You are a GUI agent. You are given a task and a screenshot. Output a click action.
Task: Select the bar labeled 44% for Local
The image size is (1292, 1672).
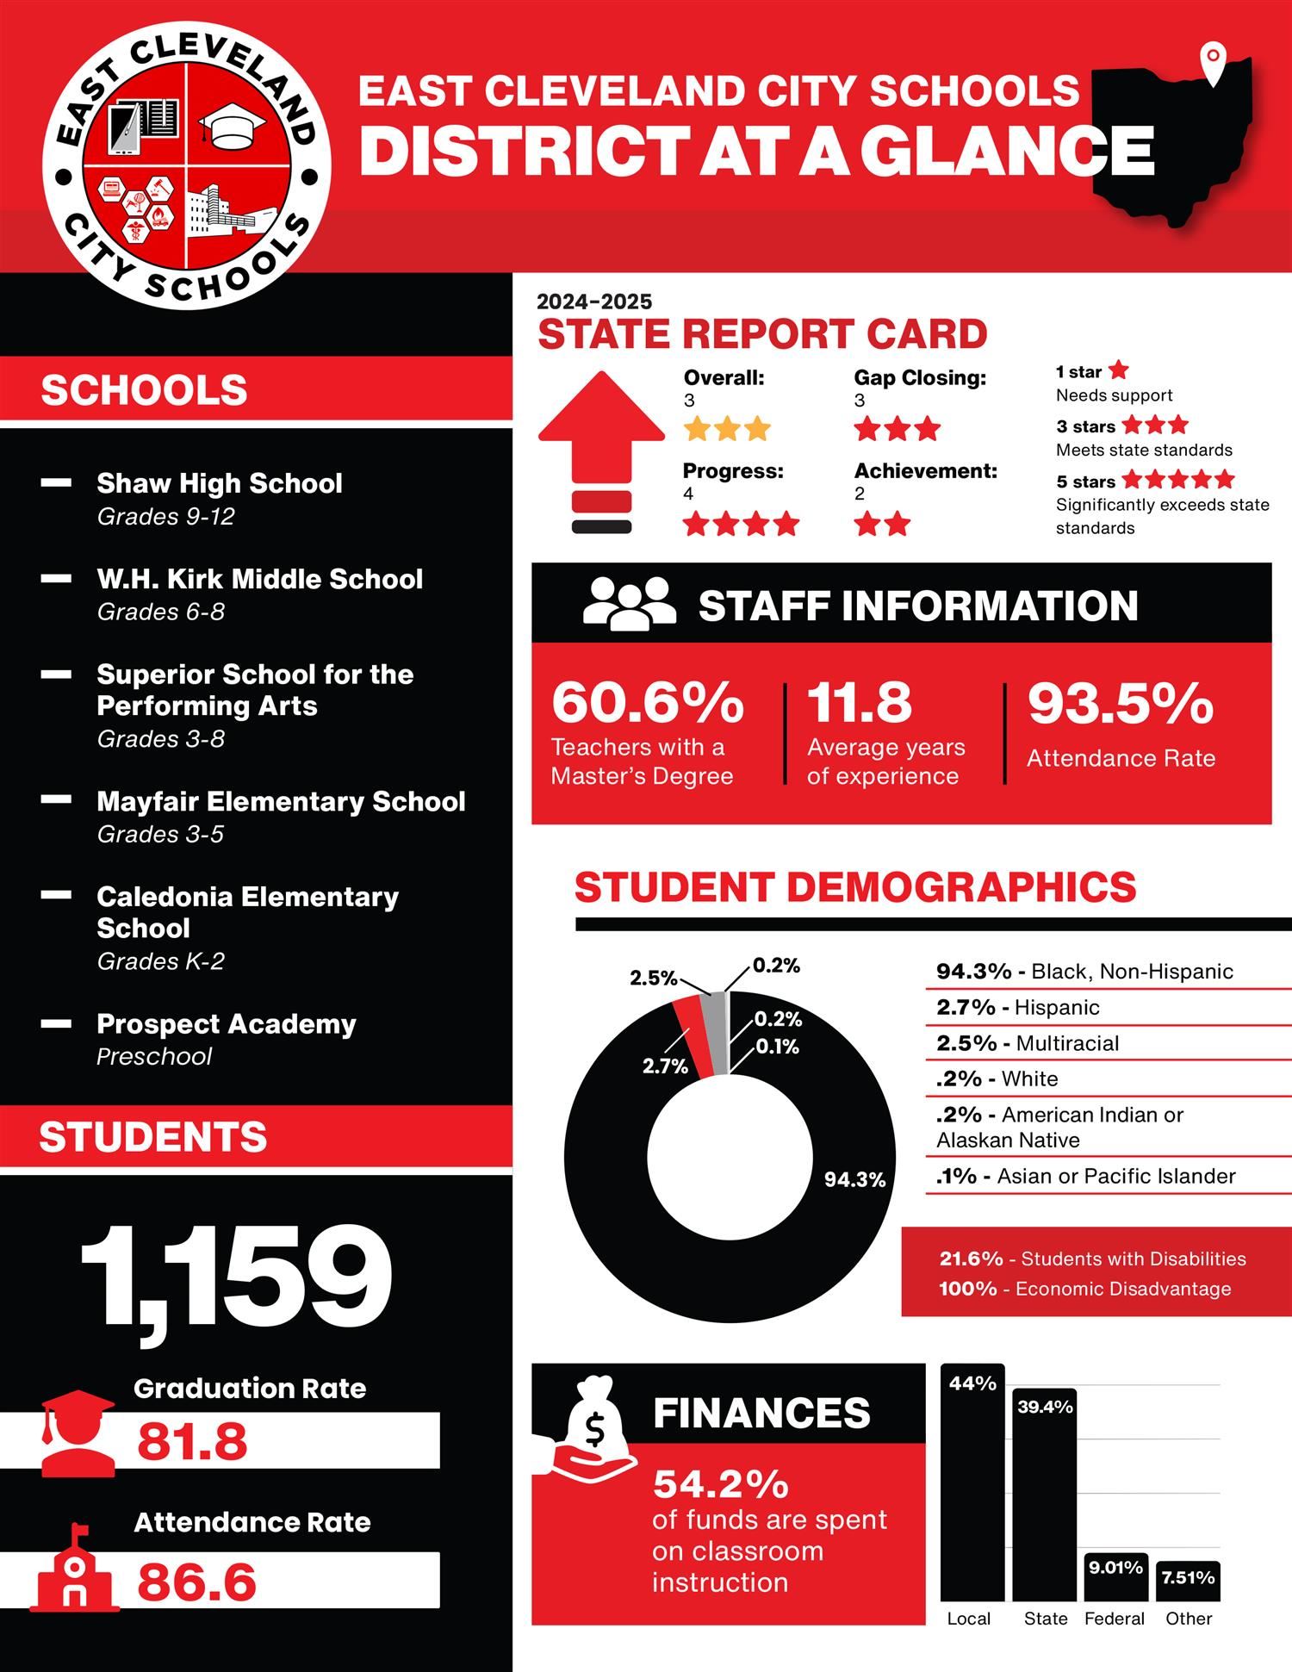(x=972, y=1482)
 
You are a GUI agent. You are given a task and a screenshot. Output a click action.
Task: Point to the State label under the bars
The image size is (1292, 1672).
(x=1046, y=1619)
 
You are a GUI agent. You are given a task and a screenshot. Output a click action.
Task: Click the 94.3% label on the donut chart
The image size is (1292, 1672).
(x=854, y=1179)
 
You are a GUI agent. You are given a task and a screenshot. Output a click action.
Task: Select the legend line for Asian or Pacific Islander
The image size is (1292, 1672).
(x=1085, y=1176)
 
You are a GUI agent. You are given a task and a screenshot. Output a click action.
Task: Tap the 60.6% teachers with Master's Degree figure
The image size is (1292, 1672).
(x=648, y=702)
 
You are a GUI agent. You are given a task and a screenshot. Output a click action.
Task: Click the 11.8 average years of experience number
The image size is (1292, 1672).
(x=859, y=702)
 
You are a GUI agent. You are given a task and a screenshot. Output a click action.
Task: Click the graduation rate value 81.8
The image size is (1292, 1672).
(x=192, y=1441)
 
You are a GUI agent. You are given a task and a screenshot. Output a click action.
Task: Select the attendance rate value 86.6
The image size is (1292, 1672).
(x=196, y=1582)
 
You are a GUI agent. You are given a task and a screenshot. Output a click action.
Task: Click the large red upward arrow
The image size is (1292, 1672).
(x=602, y=431)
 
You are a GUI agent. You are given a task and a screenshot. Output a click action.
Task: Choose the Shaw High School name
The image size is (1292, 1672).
(x=219, y=483)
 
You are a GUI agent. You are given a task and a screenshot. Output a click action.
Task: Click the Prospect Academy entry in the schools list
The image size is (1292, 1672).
(x=226, y=1024)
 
